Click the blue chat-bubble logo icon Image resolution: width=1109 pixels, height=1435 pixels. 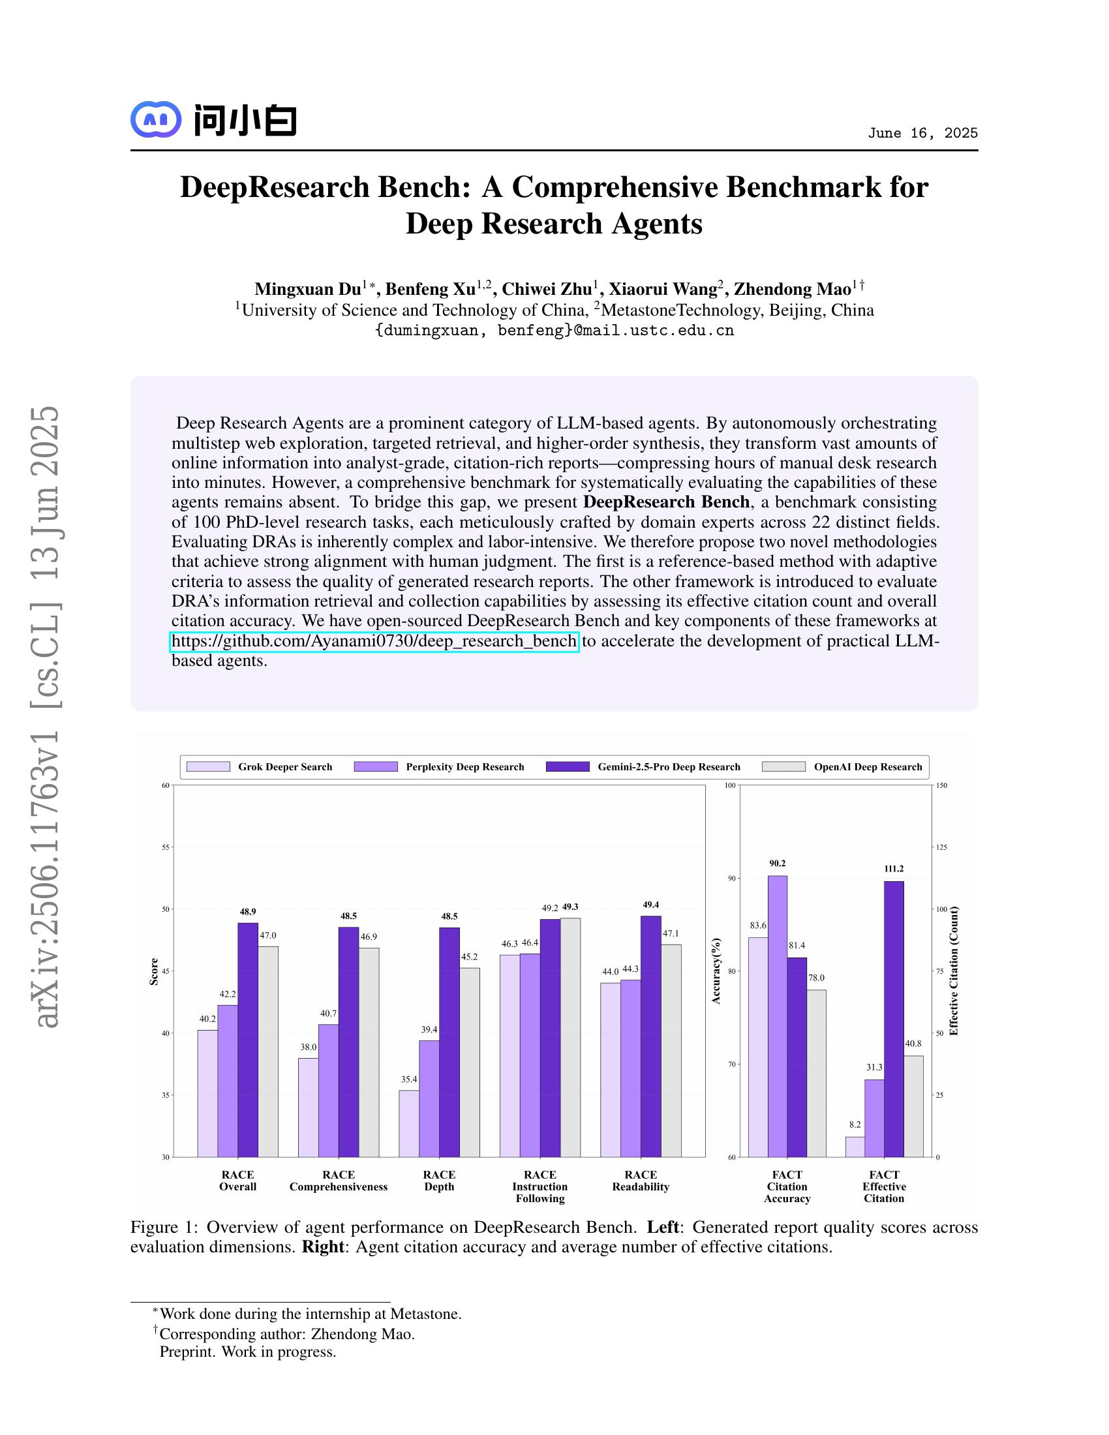pos(156,119)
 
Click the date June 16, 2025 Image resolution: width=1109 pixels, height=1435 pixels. pos(922,133)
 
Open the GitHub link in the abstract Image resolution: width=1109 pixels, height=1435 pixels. pos(374,641)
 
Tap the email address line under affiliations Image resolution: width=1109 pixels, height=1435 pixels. pos(554,331)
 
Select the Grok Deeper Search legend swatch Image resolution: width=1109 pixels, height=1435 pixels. pos(208,767)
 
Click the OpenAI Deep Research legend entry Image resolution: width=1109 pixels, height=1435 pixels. pos(867,767)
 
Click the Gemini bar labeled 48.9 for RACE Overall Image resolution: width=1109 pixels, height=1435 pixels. pos(248,1038)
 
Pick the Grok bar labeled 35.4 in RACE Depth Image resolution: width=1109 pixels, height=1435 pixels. pos(408,1124)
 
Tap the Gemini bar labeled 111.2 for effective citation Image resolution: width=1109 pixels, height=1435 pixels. pos(894,1018)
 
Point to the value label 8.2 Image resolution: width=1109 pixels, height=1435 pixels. pos(854,1125)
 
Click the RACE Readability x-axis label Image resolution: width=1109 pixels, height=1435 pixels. pos(641,1181)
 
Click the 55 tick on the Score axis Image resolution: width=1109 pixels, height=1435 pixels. pos(166,847)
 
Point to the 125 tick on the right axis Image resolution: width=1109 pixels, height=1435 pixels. pos(941,847)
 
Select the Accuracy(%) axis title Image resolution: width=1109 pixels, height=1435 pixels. pos(716,971)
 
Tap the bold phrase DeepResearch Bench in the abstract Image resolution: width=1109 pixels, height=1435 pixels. pos(666,502)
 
